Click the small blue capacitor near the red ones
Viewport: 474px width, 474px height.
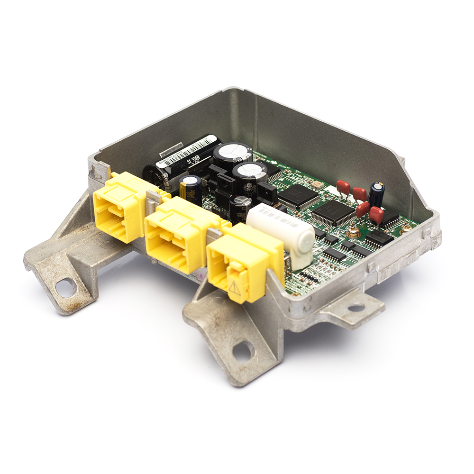coord(377,193)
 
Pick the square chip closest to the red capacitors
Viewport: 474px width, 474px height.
coord(333,212)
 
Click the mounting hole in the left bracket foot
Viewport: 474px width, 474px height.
coord(65,286)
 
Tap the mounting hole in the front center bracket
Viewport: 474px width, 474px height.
coord(243,351)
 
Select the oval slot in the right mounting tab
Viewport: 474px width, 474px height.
coord(356,308)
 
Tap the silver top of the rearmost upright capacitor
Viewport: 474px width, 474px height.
coord(232,151)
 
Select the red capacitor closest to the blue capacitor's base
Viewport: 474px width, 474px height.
coord(376,215)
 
